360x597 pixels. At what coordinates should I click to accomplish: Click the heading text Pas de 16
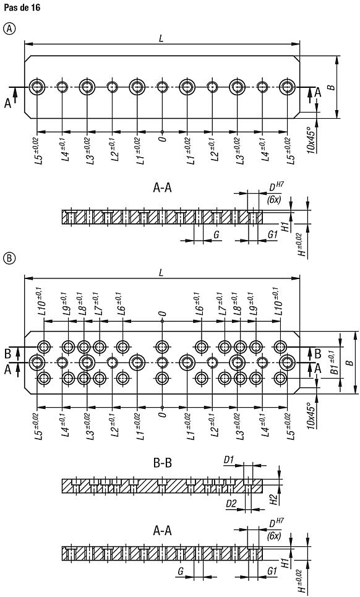click(22, 7)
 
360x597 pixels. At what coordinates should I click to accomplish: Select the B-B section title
click(163, 463)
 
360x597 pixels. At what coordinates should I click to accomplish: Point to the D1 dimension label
click(229, 460)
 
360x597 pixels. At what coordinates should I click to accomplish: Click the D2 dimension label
click(231, 504)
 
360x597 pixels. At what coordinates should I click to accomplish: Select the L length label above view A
click(161, 38)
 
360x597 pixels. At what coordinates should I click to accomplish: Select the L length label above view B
click(161, 273)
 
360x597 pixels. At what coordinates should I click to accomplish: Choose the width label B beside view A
click(332, 87)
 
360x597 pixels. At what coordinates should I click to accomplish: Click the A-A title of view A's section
click(163, 187)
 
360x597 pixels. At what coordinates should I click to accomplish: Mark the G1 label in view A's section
click(272, 234)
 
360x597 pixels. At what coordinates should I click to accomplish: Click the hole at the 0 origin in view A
click(163, 87)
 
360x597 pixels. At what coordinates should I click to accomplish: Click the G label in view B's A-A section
click(181, 571)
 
